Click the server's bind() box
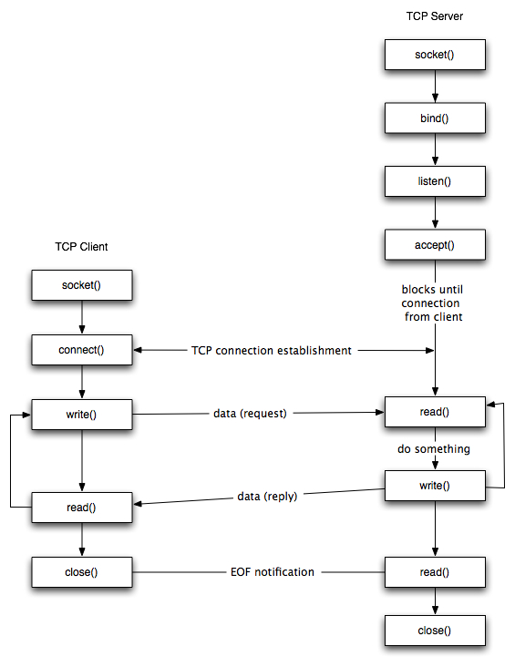pos(434,118)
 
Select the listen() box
pos(434,181)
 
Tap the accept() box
pos(434,244)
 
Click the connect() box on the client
pos(82,350)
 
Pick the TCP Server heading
pos(434,17)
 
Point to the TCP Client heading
pos(82,247)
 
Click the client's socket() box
pos(82,285)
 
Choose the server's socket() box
pos(434,55)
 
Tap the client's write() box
pos(82,415)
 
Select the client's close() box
pos(82,572)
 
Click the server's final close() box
pos(434,631)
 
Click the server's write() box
pos(434,486)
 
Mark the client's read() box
pos(82,507)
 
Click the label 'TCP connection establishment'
pos(272,351)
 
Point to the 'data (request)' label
pos(249,414)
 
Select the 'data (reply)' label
pos(267,497)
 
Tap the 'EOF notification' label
pos(272,572)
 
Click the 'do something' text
pos(434,449)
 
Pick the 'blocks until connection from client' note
pos(432,303)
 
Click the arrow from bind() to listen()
pos(434,149)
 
